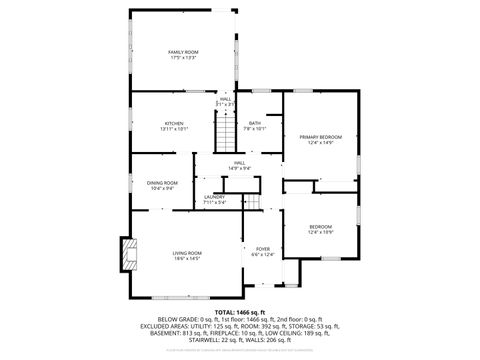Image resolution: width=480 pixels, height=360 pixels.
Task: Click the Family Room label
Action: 183,51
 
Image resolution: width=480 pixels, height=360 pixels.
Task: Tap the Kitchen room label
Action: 174,122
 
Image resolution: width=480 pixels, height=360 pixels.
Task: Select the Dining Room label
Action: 162,182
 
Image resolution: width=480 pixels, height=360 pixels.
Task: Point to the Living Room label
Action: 187,253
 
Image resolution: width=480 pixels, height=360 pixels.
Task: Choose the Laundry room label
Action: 214,197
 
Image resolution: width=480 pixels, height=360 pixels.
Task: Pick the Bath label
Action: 255,122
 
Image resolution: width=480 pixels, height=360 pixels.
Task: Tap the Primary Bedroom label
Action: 320,136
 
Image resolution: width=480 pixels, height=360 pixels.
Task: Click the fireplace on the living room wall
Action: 127,255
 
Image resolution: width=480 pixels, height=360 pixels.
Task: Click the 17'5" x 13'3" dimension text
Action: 183,58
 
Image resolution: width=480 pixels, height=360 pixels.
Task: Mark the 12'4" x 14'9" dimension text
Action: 320,143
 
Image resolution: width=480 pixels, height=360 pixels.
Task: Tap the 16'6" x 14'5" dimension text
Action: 187,260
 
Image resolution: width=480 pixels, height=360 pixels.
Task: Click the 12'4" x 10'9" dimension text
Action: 320,233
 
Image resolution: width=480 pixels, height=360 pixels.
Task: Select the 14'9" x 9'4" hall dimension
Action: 239,168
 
